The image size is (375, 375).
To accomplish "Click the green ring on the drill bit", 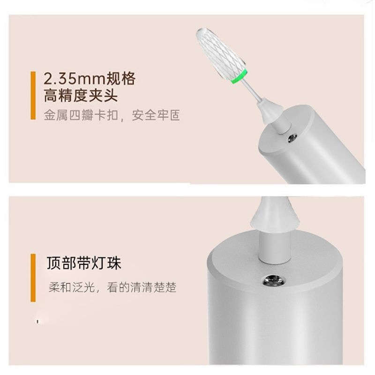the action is pos(239,76).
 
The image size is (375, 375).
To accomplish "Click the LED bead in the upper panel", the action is pos(292,138).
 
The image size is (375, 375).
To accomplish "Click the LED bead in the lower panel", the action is pos(274,280).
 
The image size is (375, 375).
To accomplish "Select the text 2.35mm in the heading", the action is pos(75,79).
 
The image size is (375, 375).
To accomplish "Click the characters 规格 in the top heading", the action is pos(120,78).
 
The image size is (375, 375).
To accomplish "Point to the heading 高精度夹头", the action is pos(81,96).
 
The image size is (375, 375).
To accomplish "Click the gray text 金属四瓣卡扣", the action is pos(81,115).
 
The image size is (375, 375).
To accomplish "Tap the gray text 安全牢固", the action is pos(156,115).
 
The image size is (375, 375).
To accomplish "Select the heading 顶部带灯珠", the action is pos(84,263).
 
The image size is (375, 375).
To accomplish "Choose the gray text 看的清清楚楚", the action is pos(142,287).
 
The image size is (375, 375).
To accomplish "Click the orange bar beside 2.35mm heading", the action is pos(33,95).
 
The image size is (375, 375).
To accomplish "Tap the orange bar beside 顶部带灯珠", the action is pos(33,277).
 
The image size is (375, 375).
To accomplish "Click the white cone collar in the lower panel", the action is pos(275,212).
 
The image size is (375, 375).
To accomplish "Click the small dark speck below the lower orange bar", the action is pos(37,322).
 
